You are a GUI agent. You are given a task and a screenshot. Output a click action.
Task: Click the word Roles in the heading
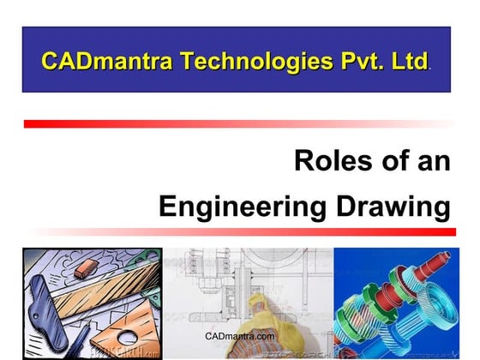click(x=330, y=161)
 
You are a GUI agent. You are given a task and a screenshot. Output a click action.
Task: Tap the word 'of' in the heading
click(x=391, y=161)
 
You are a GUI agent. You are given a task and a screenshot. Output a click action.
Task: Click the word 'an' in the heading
click(x=434, y=161)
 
